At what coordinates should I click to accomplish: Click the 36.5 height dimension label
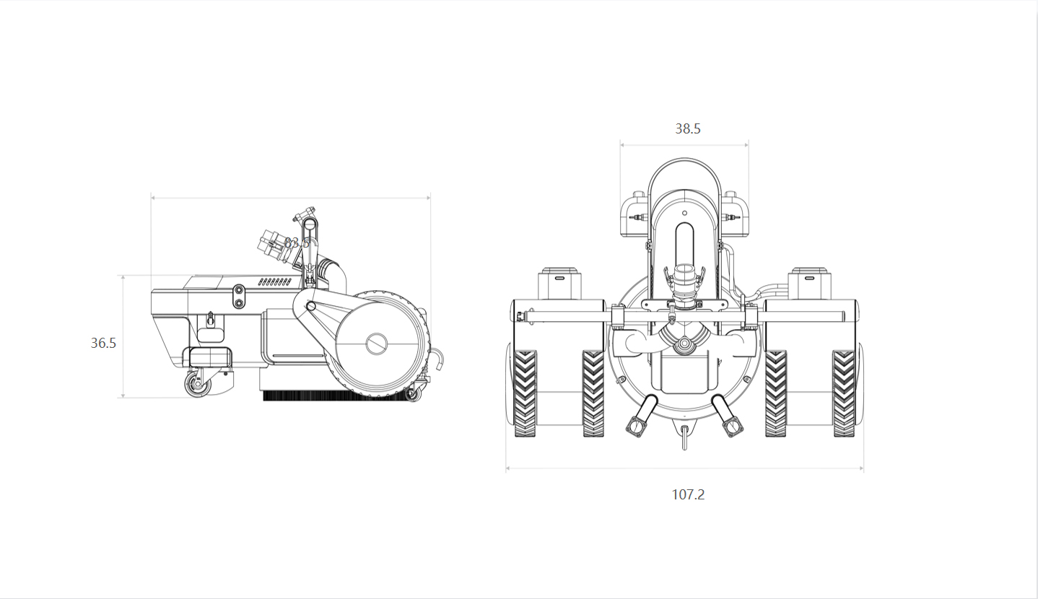coord(103,344)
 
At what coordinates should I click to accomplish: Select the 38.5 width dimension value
coord(687,129)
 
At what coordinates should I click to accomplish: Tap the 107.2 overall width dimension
coord(687,494)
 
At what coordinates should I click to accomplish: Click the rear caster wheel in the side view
coord(196,386)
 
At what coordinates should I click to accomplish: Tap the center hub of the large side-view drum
coord(377,344)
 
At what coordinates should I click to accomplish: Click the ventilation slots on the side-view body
coord(274,281)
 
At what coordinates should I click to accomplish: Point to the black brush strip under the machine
coord(332,395)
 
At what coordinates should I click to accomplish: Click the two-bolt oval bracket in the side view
coord(238,296)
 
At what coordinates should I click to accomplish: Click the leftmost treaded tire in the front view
coord(525,393)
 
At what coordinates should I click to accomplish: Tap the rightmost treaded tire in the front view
coord(843,393)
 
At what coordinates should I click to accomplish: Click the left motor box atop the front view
coord(561,283)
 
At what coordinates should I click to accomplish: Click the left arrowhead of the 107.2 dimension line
coord(508,468)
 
